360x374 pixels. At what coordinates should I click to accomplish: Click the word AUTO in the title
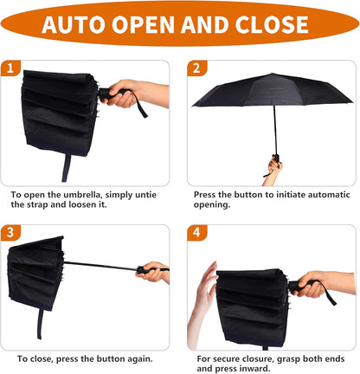click(x=80, y=23)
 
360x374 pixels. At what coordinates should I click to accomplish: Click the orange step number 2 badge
click(x=196, y=67)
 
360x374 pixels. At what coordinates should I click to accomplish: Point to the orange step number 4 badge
click(x=196, y=233)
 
